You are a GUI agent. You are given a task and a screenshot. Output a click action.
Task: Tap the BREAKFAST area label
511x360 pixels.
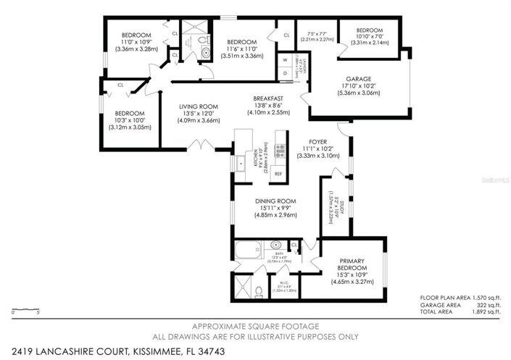click(x=268, y=99)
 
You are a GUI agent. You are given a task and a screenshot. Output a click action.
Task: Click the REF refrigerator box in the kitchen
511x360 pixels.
click(x=278, y=175)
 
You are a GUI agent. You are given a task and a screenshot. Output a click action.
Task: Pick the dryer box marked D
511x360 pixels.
click(x=286, y=72)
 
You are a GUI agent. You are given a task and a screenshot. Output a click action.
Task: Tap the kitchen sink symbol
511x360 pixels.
click(x=241, y=163)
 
